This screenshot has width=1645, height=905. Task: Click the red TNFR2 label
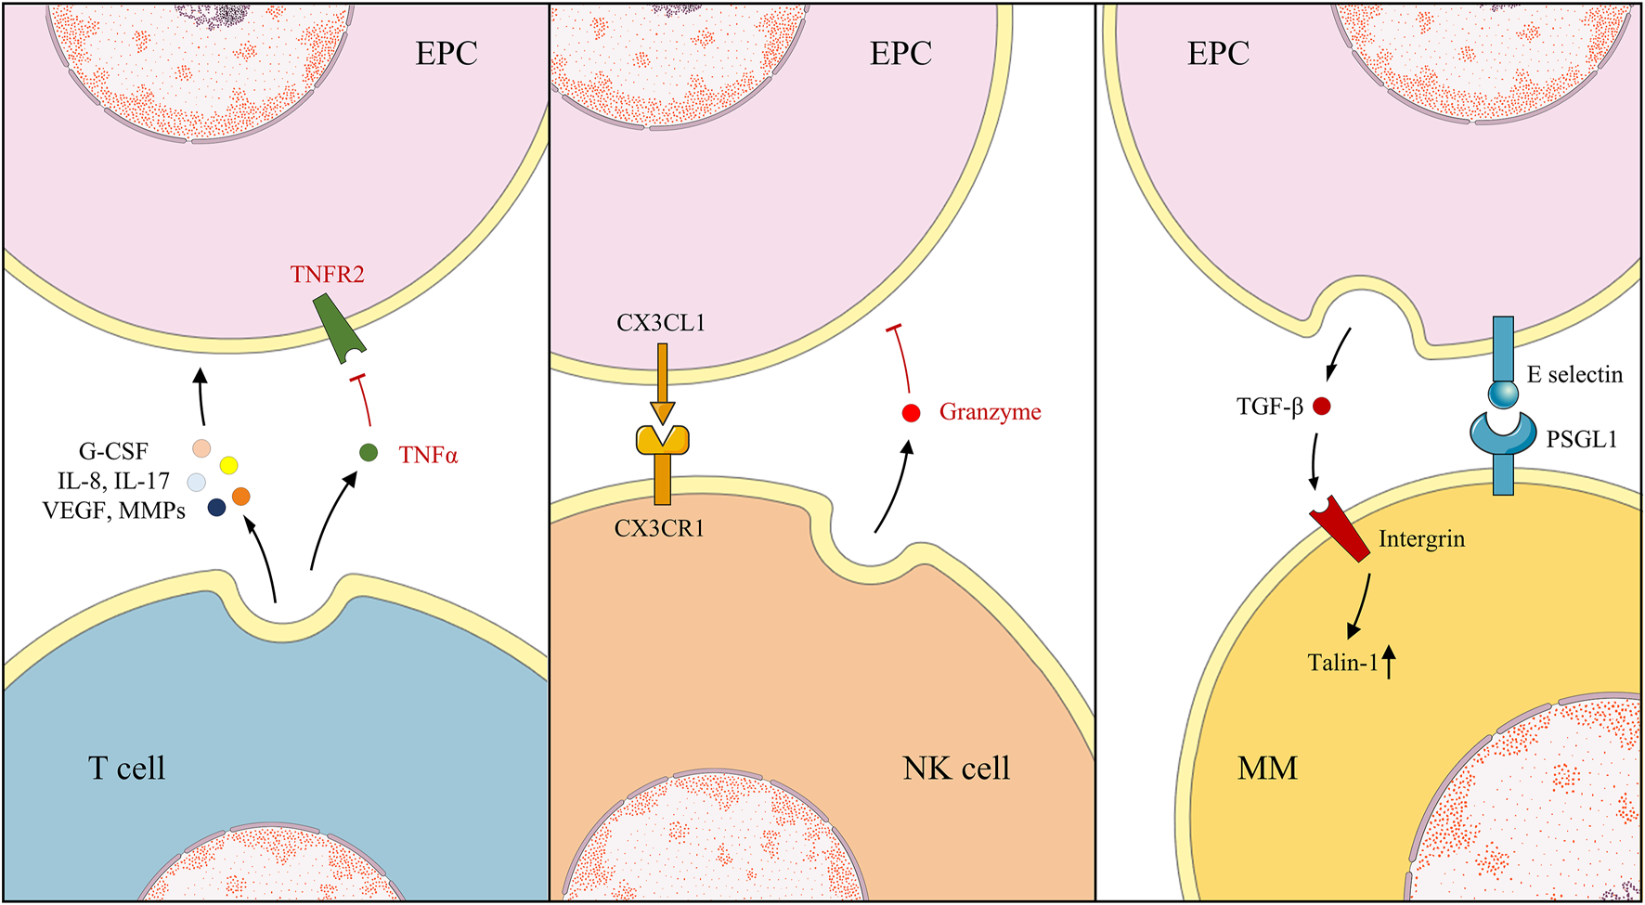pyautogui.click(x=327, y=275)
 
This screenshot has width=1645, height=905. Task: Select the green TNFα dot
pyautogui.click(x=369, y=453)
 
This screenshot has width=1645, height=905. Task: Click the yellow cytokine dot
pyautogui.click(x=228, y=465)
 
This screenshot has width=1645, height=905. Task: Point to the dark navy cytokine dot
pyautogui.click(x=216, y=507)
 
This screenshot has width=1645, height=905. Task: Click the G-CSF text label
pyautogui.click(x=113, y=452)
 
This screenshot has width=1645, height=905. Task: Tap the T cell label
pyautogui.click(x=126, y=768)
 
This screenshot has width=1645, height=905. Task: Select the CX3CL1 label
pyautogui.click(x=661, y=323)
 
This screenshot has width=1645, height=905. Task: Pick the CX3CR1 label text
pyautogui.click(x=659, y=529)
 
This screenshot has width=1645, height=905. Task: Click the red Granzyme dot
pyautogui.click(x=911, y=413)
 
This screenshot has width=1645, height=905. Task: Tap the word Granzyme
pyautogui.click(x=990, y=412)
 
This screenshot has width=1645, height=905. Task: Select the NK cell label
pyautogui.click(x=956, y=768)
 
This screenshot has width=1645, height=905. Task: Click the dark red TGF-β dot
pyautogui.click(x=1322, y=406)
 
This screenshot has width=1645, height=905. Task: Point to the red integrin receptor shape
pyautogui.click(x=1342, y=528)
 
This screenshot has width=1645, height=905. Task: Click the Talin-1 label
pyautogui.click(x=1342, y=663)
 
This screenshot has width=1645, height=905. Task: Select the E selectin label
pyautogui.click(x=1574, y=375)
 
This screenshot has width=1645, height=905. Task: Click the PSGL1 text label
pyautogui.click(x=1581, y=440)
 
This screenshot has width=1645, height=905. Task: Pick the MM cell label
pyautogui.click(x=1267, y=768)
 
